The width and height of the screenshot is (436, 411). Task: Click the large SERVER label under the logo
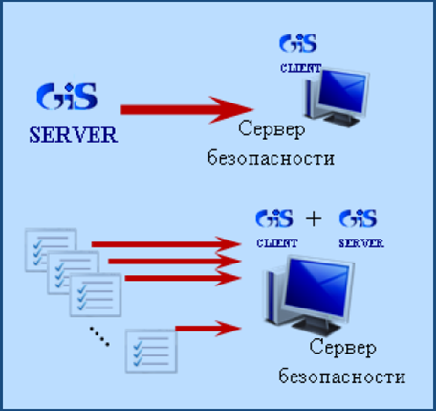click(x=74, y=135)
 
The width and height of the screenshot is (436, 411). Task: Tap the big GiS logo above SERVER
click(x=67, y=97)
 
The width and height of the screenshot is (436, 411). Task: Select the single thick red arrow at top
click(x=186, y=110)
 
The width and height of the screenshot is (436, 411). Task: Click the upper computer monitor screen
click(x=341, y=93)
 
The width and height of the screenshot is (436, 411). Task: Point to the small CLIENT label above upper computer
click(x=300, y=68)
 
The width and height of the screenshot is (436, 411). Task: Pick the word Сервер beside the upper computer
click(x=272, y=129)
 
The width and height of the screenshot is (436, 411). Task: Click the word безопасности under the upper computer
click(x=271, y=158)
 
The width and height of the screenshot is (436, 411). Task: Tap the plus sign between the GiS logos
click(x=314, y=219)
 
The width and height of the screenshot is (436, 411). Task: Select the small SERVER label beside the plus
click(x=361, y=243)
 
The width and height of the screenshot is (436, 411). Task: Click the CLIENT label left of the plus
click(x=277, y=243)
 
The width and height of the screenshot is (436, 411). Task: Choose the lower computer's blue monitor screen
click(x=316, y=287)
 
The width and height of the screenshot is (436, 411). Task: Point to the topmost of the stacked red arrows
click(x=165, y=244)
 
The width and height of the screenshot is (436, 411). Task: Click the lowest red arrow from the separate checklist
click(x=207, y=329)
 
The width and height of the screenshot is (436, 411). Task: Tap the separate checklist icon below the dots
click(x=151, y=351)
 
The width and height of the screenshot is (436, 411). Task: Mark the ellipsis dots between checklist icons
click(x=99, y=336)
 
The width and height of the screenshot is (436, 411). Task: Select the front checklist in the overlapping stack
click(x=96, y=295)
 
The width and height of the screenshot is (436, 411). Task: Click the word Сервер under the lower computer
click(x=342, y=348)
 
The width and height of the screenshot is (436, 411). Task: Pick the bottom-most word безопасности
click(x=342, y=377)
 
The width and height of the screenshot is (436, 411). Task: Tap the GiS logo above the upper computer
click(x=298, y=44)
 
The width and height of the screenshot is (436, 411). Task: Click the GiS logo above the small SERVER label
click(x=358, y=218)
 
